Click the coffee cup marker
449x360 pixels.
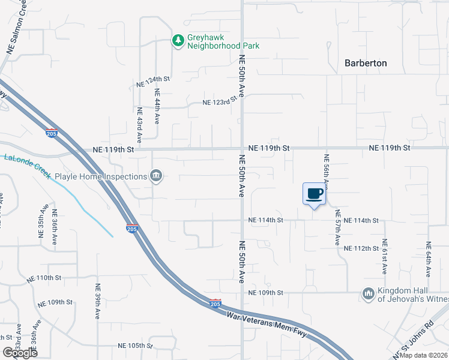tap(314, 194)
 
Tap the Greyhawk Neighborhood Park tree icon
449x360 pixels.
tap(178, 41)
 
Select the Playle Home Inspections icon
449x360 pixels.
tap(157, 176)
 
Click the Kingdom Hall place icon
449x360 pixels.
tap(368, 293)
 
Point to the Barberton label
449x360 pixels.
tap(366, 63)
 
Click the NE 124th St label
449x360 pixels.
tap(154, 79)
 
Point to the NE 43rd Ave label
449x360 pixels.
tap(139, 124)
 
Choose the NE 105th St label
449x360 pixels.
tap(136, 346)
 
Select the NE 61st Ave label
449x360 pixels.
tap(384, 259)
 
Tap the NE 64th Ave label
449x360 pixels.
tap(429, 259)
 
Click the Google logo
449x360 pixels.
tap(19, 353)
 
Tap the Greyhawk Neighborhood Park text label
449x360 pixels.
tap(215, 41)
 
